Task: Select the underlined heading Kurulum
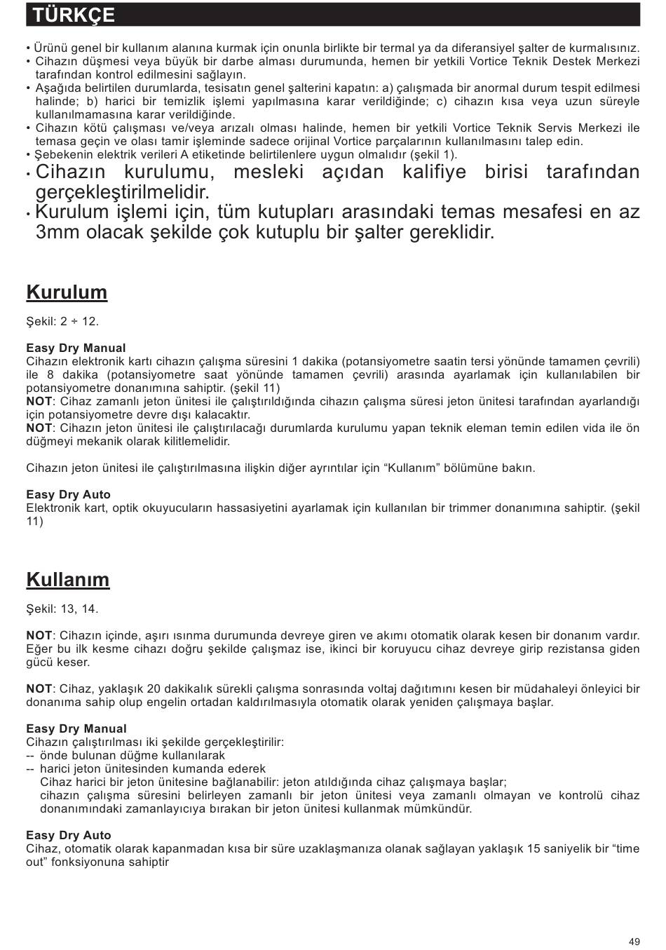click(x=67, y=292)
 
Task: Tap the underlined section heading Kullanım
click(x=68, y=580)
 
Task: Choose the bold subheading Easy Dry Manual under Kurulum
click(x=76, y=348)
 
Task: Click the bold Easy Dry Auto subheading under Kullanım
click(x=68, y=835)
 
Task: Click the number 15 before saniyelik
click(x=534, y=848)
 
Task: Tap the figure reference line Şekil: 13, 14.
click(x=62, y=609)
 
